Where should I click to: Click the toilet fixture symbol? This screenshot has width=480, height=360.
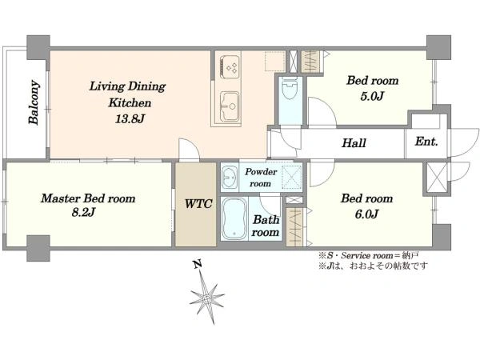(x=290, y=88)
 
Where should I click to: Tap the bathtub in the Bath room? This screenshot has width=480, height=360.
(x=234, y=218)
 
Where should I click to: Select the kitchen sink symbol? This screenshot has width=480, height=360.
(x=229, y=106)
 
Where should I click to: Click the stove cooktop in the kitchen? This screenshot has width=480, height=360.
(x=229, y=66)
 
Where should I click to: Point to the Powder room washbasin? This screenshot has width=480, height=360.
(x=230, y=178)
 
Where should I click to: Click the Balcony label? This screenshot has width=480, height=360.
(x=34, y=102)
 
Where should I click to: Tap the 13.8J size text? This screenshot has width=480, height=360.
(x=130, y=118)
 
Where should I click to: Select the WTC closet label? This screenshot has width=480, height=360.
(x=198, y=203)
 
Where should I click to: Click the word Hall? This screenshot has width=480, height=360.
(x=354, y=143)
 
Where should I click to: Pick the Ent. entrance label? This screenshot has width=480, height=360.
(x=426, y=142)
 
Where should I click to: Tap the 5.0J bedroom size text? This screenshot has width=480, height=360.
(x=372, y=96)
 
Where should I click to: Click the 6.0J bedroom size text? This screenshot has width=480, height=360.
(x=366, y=214)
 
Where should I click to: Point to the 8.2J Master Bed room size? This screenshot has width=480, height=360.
(x=83, y=212)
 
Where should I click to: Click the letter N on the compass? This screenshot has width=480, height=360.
(x=198, y=264)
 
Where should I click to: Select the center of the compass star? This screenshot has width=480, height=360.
(x=207, y=298)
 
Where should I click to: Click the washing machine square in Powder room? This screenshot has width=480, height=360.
(x=292, y=175)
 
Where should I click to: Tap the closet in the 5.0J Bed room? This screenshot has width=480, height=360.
(x=310, y=62)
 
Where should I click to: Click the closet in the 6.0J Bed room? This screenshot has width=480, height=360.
(x=294, y=227)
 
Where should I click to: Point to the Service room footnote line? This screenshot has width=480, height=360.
(x=369, y=255)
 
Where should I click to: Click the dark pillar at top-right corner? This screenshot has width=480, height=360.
(x=438, y=47)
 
